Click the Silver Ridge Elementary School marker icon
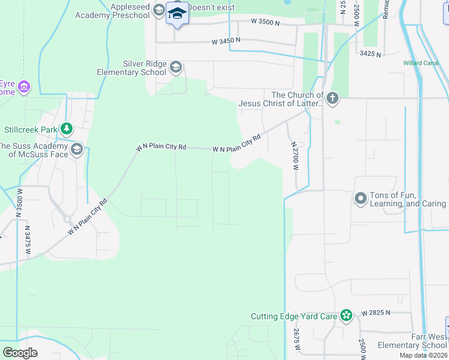[176, 66]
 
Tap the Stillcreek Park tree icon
[67, 129]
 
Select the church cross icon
[333, 98]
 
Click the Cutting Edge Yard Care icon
[346, 316]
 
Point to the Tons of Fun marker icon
[361, 198]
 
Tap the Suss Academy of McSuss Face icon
[76, 149]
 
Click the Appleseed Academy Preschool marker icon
[158, 10]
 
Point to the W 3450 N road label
[226, 41]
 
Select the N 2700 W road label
[295, 156]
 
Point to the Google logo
[20, 352]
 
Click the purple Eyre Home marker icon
[24, 88]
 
